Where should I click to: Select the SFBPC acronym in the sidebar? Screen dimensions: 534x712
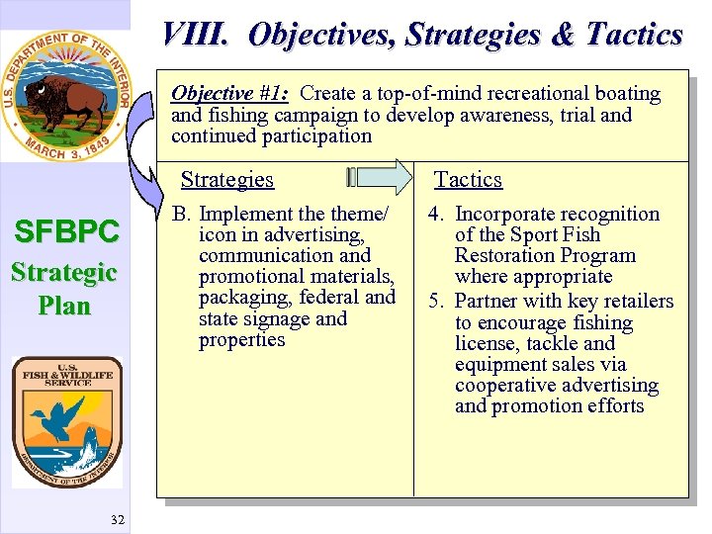(65, 232)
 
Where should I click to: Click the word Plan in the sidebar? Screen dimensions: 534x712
(64, 305)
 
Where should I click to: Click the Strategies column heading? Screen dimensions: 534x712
(226, 179)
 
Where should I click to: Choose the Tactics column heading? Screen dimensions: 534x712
(468, 179)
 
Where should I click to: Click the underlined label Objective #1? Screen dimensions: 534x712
(229, 94)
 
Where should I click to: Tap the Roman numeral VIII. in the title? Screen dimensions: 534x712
(196, 36)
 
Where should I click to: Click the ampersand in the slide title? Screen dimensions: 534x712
(562, 36)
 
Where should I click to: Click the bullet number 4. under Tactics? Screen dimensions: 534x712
(437, 214)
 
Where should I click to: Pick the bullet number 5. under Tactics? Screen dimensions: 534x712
(437, 301)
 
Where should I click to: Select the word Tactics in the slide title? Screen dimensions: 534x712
(634, 36)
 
